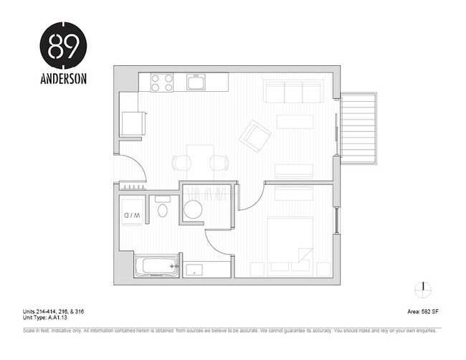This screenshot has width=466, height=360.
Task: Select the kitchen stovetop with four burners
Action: (162, 82)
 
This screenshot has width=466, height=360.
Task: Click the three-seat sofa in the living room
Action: (293, 91)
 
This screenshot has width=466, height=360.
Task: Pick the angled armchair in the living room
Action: (255, 136)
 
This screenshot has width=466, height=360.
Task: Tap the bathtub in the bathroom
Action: (157, 267)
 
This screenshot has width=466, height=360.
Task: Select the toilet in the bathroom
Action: (163, 209)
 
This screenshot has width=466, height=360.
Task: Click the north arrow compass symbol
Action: (424, 288)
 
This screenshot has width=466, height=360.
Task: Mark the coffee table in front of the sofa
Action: (295, 121)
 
